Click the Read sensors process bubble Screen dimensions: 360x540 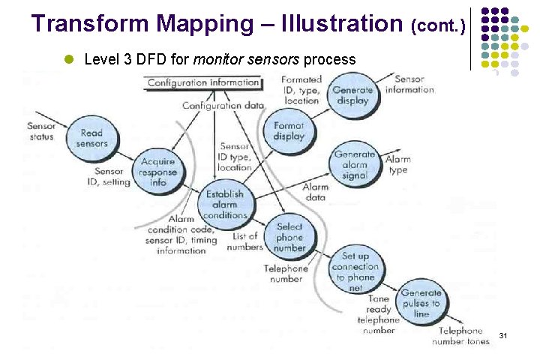(x=91, y=138)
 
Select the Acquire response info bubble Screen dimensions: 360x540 (x=157, y=172)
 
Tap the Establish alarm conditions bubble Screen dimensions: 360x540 (x=226, y=204)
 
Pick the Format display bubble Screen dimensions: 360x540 (x=289, y=131)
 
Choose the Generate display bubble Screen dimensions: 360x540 (x=352, y=95)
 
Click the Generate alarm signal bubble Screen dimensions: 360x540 (x=355, y=165)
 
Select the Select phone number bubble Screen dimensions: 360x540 (x=289, y=237)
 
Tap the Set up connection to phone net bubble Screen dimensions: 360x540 (x=355, y=271)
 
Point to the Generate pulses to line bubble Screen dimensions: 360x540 (x=421, y=304)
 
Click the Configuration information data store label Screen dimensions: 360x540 (x=204, y=82)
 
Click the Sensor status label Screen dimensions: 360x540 (x=40, y=131)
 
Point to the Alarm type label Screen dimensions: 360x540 (x=397, y=165)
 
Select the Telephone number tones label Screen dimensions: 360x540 (x=460, y=336)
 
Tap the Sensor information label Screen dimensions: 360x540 (x=409, y=85)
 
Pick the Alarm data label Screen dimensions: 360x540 (x=314, y=192)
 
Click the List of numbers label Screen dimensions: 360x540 (x=245, y=241)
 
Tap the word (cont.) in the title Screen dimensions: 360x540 (x=439, y=27)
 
